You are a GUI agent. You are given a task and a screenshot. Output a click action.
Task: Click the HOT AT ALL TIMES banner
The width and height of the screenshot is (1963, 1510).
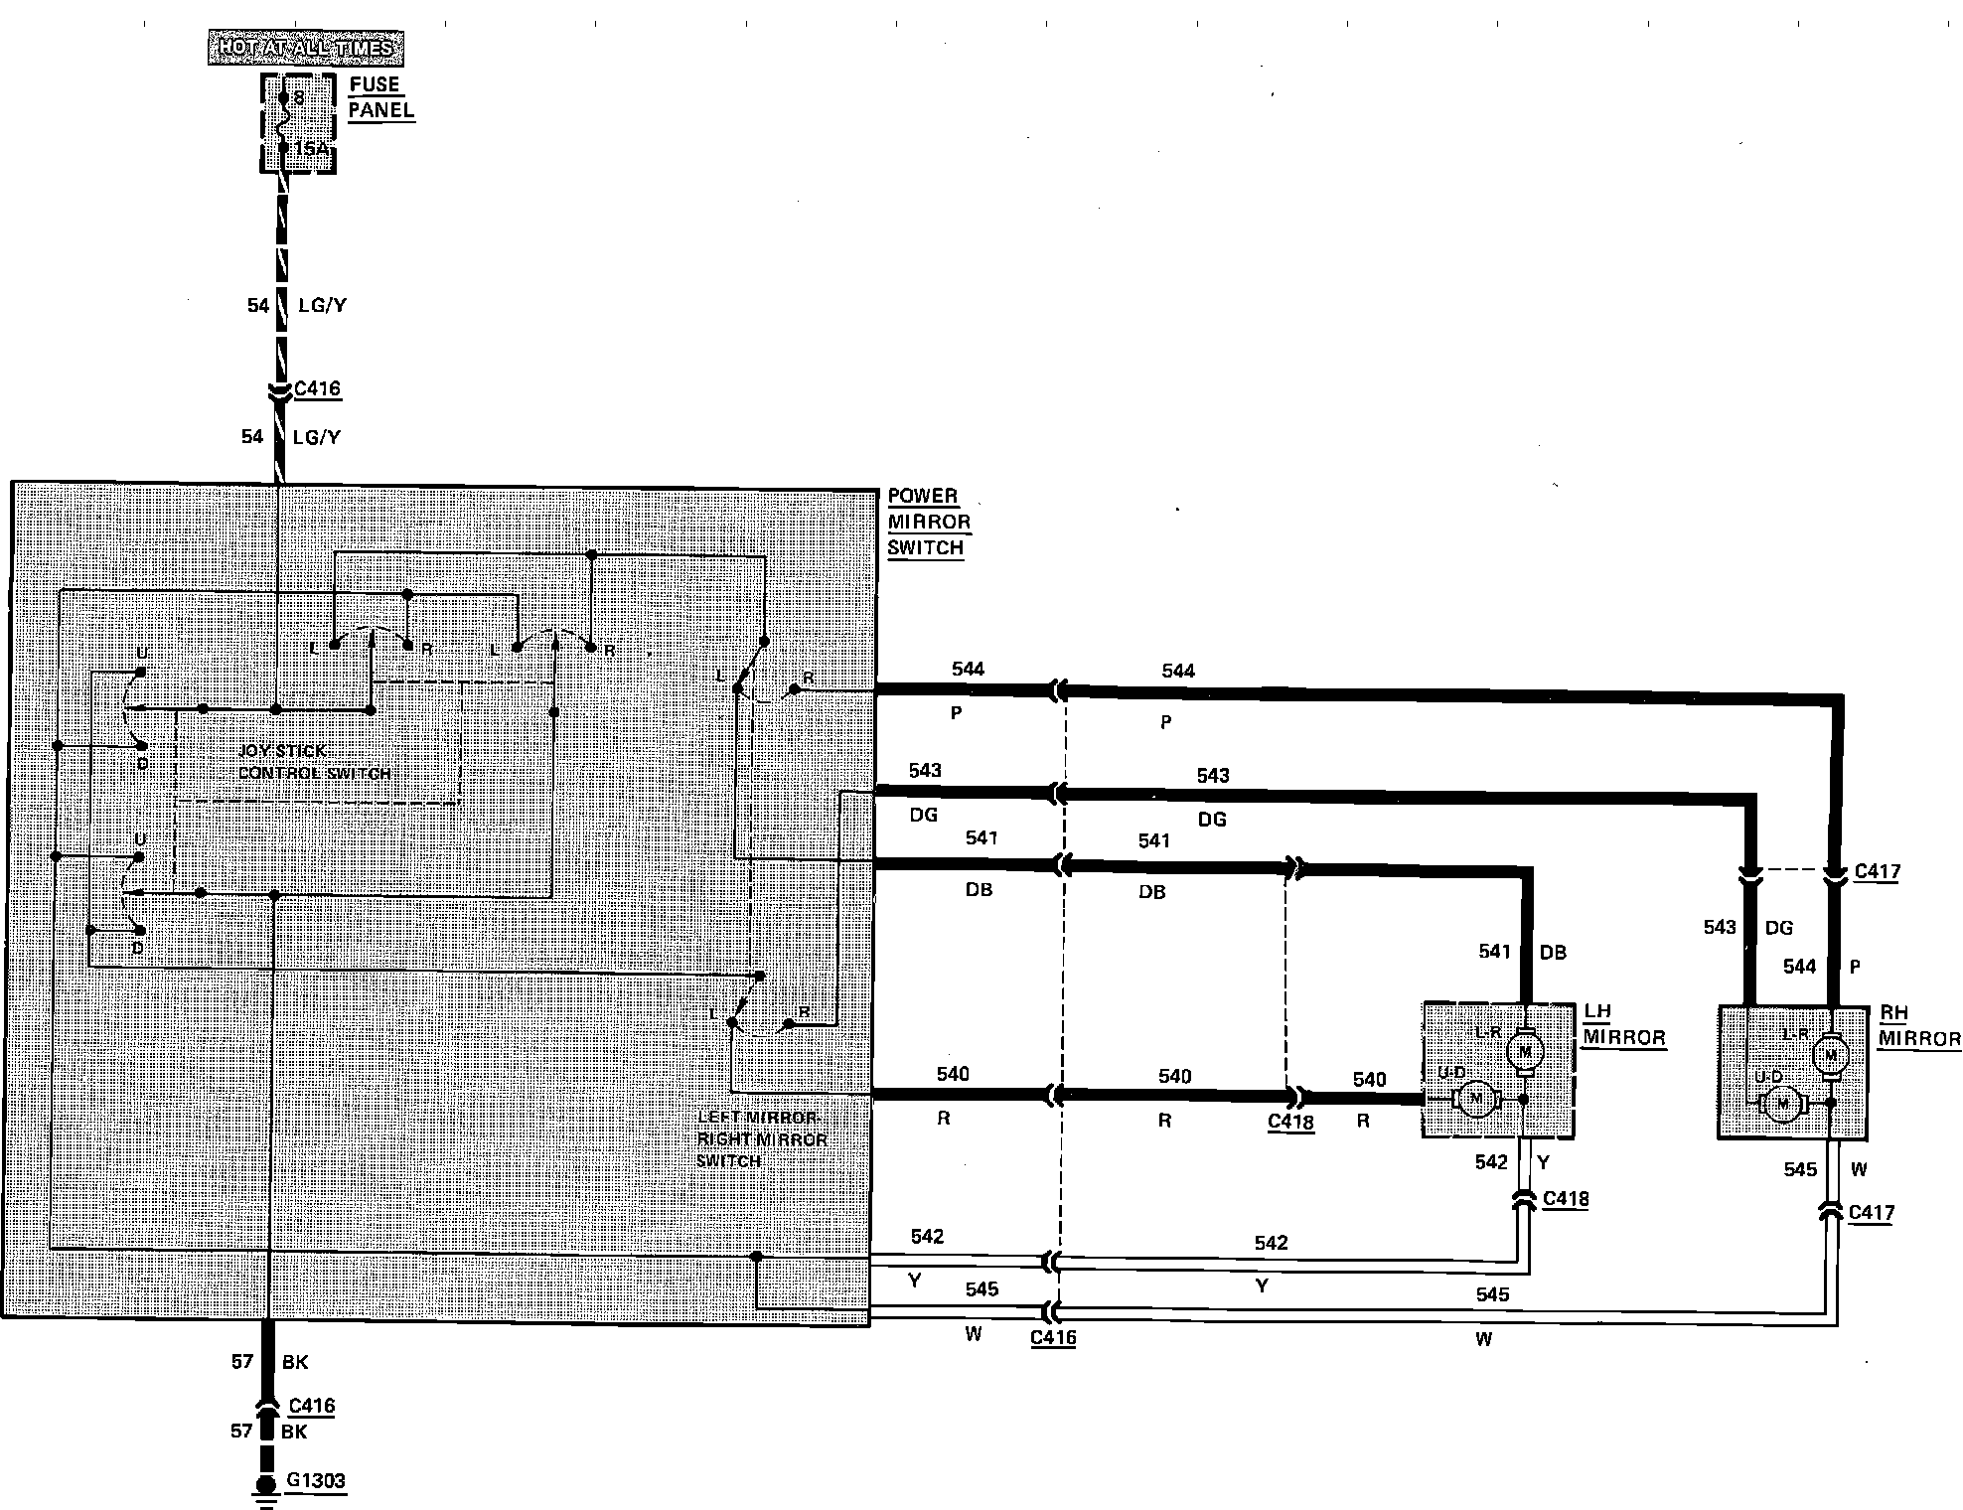coord(305,48)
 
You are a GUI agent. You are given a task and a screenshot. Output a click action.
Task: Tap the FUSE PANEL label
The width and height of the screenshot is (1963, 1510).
coord(380,97)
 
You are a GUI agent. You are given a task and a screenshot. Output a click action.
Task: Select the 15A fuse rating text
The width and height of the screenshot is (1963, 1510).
coord(310,149)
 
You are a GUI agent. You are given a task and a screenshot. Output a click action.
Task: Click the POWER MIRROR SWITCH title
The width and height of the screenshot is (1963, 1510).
coord(928,522)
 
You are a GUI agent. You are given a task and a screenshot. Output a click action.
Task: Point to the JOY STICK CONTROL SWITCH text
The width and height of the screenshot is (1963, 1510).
coord(314,762)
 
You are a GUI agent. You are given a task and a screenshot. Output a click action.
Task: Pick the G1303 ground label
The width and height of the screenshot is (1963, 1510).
coord(315,1480)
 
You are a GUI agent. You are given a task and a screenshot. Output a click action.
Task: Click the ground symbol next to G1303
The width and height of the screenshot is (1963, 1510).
coord(265,1490)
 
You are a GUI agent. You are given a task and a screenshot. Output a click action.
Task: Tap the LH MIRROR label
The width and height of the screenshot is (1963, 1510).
coord(1623,1025)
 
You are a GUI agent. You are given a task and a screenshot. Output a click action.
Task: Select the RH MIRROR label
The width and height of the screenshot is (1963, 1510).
coord(1918,1026)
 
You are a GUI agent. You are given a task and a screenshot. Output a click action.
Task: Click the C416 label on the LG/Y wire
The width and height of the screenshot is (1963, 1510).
coord(318,387)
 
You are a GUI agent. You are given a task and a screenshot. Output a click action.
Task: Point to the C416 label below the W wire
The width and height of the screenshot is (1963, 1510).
coord(1052,1337)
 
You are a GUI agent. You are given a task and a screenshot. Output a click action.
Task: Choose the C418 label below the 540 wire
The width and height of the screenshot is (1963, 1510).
coord(1290,1122)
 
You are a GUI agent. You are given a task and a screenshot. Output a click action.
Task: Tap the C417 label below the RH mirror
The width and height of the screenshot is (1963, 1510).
coord(1871,1213)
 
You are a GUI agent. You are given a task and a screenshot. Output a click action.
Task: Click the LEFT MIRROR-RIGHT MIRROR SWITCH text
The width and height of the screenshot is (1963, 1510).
coord(762,1139)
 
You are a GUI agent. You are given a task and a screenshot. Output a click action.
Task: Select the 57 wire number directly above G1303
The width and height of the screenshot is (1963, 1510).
coord(241,1432)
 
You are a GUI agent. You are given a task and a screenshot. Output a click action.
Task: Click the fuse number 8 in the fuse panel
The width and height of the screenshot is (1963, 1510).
coord(299,98)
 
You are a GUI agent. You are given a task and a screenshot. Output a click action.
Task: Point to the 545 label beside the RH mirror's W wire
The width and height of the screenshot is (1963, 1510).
coord(1799,1169)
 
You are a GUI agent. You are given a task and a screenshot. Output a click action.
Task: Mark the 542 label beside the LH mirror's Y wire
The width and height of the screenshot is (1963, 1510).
coord(1490,1162)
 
